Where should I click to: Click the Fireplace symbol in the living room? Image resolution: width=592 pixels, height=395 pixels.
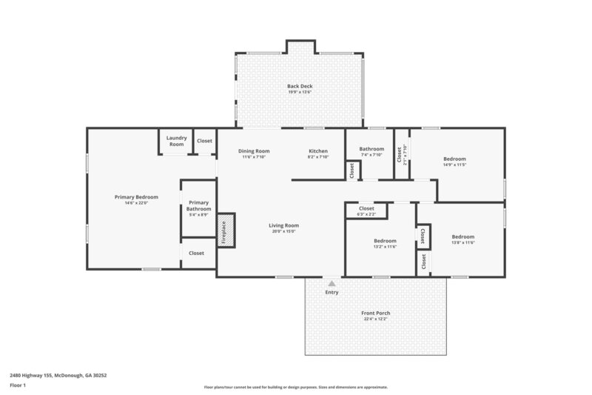(226, 230)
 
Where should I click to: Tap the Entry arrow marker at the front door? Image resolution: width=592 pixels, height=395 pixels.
(332, 283)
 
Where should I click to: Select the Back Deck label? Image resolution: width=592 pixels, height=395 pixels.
(300, 87)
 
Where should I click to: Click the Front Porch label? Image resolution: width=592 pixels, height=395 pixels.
(375, 313)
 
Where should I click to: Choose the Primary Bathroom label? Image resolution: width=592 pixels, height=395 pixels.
(198, 206)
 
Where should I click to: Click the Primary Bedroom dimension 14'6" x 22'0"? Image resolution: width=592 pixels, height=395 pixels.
(136, 203)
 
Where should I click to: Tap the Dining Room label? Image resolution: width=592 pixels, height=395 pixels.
(253, 151)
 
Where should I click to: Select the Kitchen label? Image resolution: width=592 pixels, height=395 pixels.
(318, 151)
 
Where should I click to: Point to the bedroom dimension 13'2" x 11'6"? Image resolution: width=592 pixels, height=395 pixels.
(385, 247)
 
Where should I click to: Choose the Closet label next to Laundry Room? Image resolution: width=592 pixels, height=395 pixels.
(204, 141)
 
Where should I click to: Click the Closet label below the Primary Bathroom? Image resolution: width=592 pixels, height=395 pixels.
(196, 253)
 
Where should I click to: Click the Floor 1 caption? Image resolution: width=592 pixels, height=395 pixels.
(17, 385)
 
